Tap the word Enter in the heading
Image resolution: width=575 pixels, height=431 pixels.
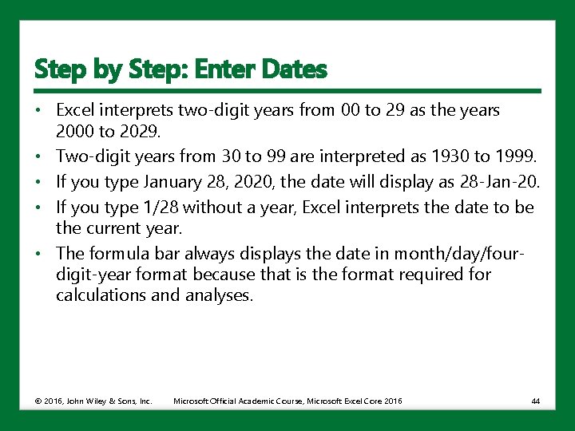(232, 69)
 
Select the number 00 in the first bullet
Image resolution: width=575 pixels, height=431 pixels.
(349, 110)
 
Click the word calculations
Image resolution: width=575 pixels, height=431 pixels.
(103, 295)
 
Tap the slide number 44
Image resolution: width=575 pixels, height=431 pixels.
(535, 400)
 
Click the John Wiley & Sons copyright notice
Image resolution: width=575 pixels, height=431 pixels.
(93, 400)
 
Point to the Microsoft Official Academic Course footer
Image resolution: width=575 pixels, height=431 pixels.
(287, 400)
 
